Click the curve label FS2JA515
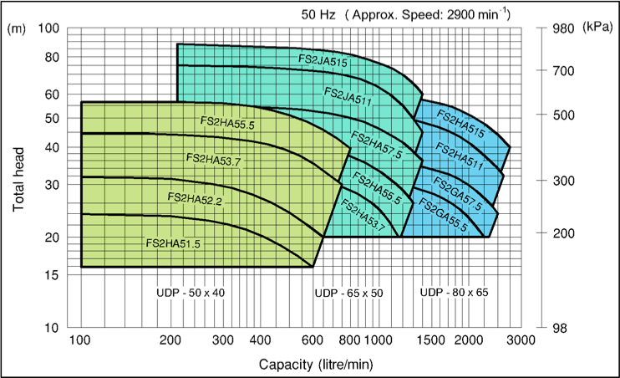[x=323, y=61]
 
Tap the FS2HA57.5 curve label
[x=376, y=145]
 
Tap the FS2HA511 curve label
[x=460, y=158]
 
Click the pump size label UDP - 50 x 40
[x=191, y=293]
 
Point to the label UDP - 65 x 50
[x=348, y=293]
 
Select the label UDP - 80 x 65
[x=454, y=293]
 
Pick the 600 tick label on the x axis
[x=313, y=340]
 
